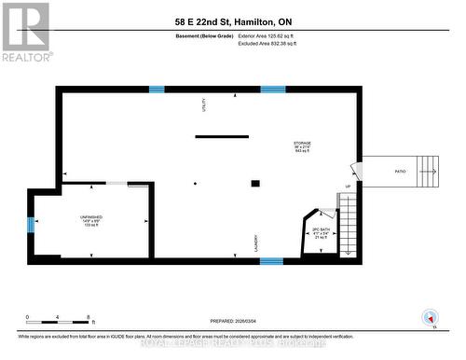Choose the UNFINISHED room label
point(90,221)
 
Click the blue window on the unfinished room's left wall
point(31,224)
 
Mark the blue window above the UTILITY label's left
point(156,90)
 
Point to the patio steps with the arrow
point(428,171)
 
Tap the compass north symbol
point(429,315)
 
